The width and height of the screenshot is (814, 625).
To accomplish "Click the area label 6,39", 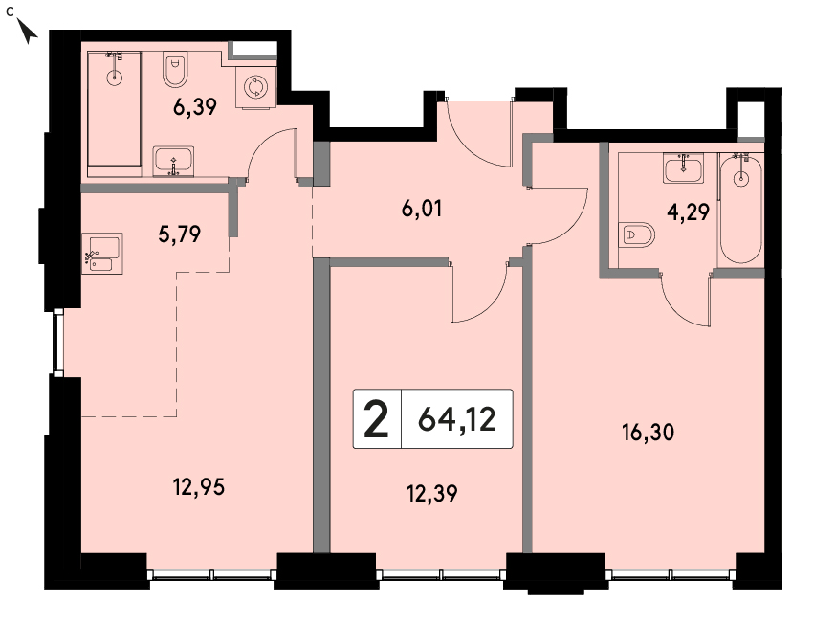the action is pyautogui.click(x=195, y=107).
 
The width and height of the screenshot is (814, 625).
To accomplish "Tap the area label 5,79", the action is pyautogui.click(x=179, y=234).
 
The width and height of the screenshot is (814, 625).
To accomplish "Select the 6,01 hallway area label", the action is pyautogui.click(x=422, y=209).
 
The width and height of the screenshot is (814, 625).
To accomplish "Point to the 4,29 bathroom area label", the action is pyautogui.click(x=688, y=212).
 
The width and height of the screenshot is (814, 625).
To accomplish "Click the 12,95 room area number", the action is pyautogui.click(x=199, y=487).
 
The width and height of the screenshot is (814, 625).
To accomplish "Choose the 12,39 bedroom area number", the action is pyautogui.click(x=432, y=494).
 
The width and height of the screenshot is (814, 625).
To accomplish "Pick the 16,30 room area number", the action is pyautogui.click(x=648, y=433).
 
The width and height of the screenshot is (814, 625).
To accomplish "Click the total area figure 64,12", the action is pyautogui.click(x=457, y=419).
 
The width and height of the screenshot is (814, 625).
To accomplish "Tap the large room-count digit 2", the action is pyautogui.click(x=376, y=419).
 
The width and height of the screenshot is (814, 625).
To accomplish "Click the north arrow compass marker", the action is pyautogui.click(x=27, y=30).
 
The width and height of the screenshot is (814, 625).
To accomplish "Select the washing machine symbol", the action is pyautogui.click(x=254, y=87).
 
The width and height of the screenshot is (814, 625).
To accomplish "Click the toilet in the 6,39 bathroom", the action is pyautogui.click(x=175, y=69).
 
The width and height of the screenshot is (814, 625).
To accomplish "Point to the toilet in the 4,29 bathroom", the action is pyautogui.click(x=636, y=235).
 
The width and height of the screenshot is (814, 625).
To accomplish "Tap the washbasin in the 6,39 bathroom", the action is pyautogui.click(x=173, y=162).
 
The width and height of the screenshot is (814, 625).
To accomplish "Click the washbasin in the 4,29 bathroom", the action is pyautogui.click(x=683, y=167).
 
